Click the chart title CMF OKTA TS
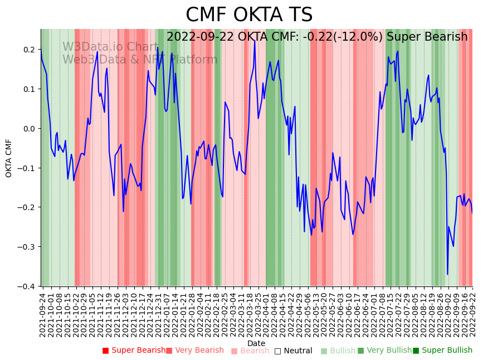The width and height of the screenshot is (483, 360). point(249,15)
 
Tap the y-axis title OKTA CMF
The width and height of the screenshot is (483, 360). point(9,158)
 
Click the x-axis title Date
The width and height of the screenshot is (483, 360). point(256,343)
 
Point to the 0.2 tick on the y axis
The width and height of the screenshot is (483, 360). point(28,50)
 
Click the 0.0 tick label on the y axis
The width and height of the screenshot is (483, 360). point(28,129)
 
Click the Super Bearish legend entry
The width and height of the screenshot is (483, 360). point(134,351)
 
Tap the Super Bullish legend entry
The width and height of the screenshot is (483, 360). point(442,351)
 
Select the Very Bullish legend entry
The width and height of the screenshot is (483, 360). point(384,351)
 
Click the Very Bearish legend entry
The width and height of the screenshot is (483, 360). point(194,351)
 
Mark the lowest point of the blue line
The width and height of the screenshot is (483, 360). point(447,274)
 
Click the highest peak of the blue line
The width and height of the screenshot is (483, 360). point(255,40)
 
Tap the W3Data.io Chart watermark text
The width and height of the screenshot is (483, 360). point(110,47)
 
